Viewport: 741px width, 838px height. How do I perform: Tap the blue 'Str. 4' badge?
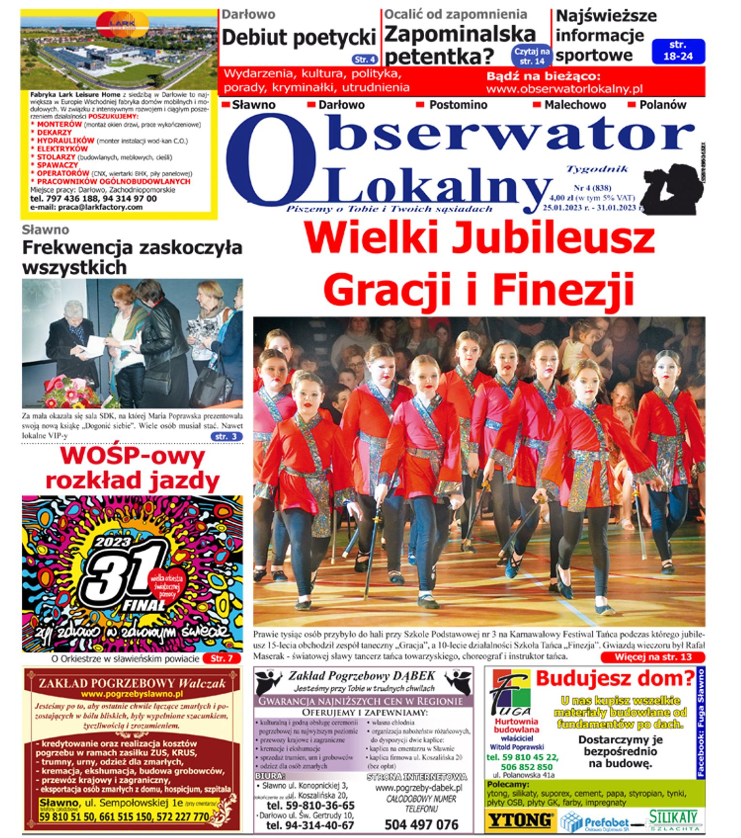click(x=365, y=59)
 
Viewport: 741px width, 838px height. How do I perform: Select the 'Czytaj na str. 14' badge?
click(x=532, y=56)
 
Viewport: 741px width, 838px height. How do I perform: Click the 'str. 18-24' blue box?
click(x=678, y=51)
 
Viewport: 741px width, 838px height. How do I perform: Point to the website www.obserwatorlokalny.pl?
click(x=564, y=89)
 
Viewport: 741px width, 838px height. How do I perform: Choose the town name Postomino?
click(x=458, y=105)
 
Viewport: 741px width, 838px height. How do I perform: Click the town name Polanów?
click(x=662, y=105)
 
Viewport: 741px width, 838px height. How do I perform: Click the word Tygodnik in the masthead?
click(x=597, y=169)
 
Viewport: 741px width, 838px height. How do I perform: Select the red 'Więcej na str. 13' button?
click(x=652, y=657)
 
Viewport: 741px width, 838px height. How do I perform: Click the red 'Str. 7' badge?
click(x=222, y=658)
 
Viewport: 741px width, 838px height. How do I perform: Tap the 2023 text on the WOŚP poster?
click(x=112, y=542)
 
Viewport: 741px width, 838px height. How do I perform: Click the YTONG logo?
click(x=520, y=821)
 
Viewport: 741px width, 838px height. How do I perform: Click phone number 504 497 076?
click(x=421, y=824)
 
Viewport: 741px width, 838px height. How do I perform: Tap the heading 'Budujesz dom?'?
click(x=615, y=678)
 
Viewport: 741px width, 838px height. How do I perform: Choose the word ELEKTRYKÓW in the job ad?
click(x=62, y=149)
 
